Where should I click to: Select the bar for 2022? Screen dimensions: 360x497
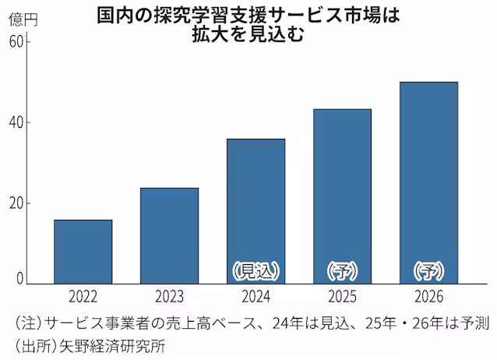coord(83,252)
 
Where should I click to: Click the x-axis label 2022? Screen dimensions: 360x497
coord(83,298)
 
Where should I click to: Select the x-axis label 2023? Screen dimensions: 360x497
coord(169,298)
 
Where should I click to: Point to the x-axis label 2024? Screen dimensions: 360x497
coord(256,298)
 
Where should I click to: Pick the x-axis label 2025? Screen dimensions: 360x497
coord(342,298)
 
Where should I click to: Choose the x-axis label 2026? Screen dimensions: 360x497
coord(428,298)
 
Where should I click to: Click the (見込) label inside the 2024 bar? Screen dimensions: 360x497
coord(256,271)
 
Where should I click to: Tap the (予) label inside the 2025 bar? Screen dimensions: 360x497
coord(342,271)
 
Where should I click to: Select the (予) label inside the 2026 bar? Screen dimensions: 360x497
coord(428,271)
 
